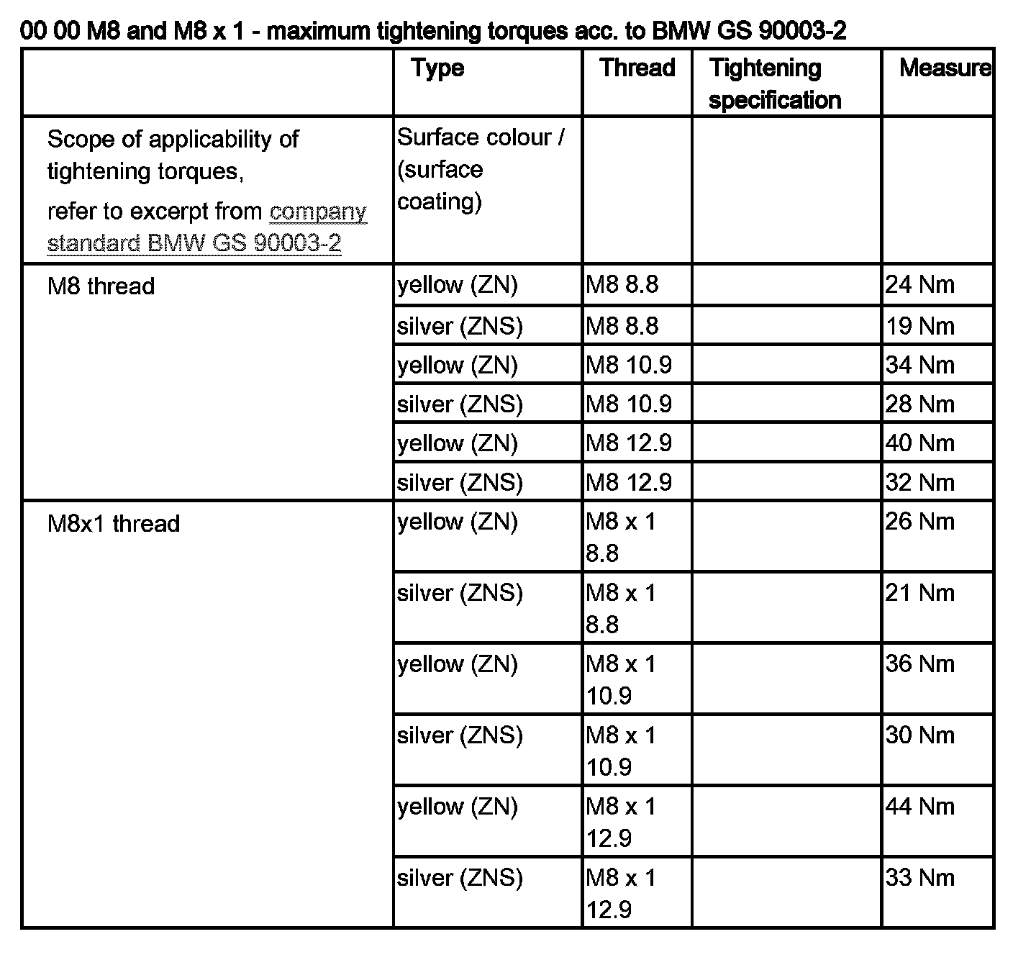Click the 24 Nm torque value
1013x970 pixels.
tap(919, 285)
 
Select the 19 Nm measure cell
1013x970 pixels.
tap(919, 326)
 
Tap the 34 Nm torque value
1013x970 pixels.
tap(919, 365)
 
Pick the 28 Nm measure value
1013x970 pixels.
tap(919, 404)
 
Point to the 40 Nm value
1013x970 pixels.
tap(919, 443)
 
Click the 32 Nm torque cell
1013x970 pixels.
tap(919, 481)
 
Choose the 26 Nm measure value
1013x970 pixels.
tap(919, 521)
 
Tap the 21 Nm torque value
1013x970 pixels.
tap(919, 592)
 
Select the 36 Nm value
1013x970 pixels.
tap(919, 663)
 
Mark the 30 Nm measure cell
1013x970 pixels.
tap(919, 735)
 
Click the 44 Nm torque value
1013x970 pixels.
tap(919, 806)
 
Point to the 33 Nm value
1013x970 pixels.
tap(919, 877)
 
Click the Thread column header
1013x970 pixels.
tap(637, 68)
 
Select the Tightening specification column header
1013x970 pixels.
tap(774, 83)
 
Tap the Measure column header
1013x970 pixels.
tap(944, 68)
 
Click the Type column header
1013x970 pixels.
tap(437, 68)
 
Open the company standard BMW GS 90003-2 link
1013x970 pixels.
tap(207, 227)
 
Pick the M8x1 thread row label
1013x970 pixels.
tap(113, 523)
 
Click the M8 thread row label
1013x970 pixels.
tap(101, 286)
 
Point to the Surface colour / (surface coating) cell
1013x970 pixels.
tap(480, 169)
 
